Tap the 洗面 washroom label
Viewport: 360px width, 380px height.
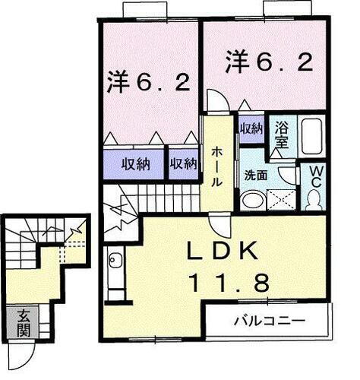pyautogui.click(x=254, y=174)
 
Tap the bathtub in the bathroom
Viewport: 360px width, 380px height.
pyautogui.click(x=311, y=137)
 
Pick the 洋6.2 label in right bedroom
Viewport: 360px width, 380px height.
pyautogui.click(x=268, y=61)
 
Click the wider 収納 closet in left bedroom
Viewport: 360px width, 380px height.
pyautogui.click(x=134, y=163)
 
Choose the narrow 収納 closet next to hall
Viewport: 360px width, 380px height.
pyautogui.click(x=183, y=163)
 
